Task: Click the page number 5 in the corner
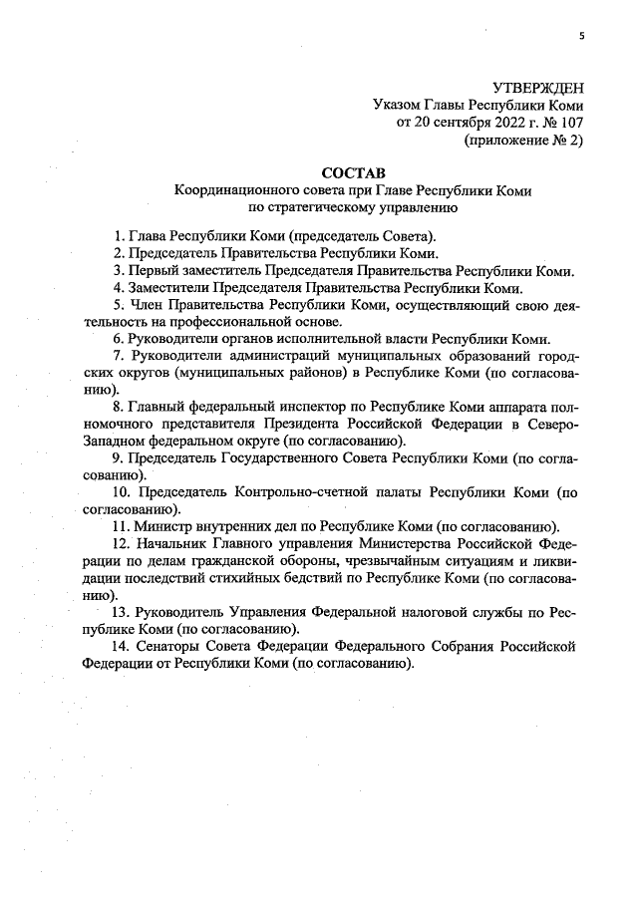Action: coord(580,37)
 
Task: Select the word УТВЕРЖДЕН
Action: coord(538,88)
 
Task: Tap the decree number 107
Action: coord(571,123)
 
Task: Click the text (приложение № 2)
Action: coord(523,141)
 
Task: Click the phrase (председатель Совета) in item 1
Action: coord(361,236)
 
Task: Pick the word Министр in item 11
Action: coord(167,528)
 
